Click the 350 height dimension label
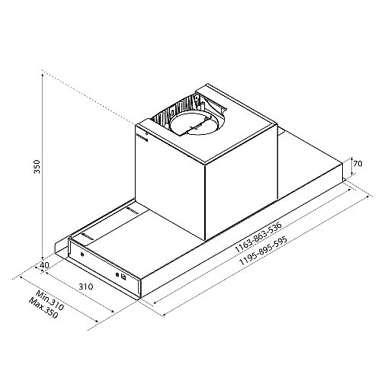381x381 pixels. (x=37, y=167)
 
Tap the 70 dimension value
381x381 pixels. (x=357, y=164)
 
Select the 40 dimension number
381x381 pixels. (x=45, y=265)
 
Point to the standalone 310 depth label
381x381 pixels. (x=86, y=287)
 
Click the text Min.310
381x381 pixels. (x=50, y=300)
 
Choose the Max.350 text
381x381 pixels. (x=43, y=308)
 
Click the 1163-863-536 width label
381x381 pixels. (x=258, y=238)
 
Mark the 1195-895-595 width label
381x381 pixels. (x=264, y=251)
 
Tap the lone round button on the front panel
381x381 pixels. (x=82, y=255)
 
